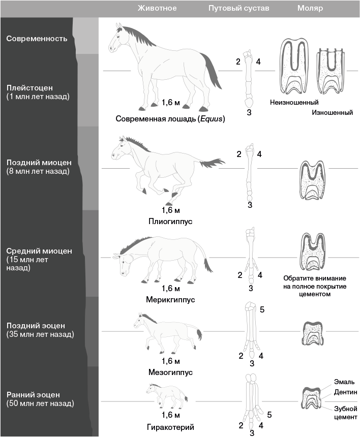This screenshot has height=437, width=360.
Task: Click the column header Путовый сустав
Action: (238, 8)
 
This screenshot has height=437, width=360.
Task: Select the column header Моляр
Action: (310, 8)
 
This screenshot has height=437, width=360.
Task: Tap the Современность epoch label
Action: (37, 39)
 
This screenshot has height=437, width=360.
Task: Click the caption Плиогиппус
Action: (170, 222)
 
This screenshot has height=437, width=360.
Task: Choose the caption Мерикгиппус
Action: (170, 300)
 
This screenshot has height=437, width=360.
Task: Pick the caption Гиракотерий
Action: (170, 427)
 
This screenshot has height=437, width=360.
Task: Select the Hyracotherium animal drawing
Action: (167, 396)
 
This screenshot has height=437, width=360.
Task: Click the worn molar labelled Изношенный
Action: (331, 71)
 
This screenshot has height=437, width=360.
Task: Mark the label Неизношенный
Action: (294, 102)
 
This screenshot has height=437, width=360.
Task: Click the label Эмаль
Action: (344, 382)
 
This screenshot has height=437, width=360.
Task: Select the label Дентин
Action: (345, 392)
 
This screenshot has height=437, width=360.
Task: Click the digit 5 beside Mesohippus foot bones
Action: (262, 309)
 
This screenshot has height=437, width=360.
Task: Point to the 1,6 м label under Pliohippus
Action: (171, 210)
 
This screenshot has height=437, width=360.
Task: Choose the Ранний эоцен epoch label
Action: (40, 399)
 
